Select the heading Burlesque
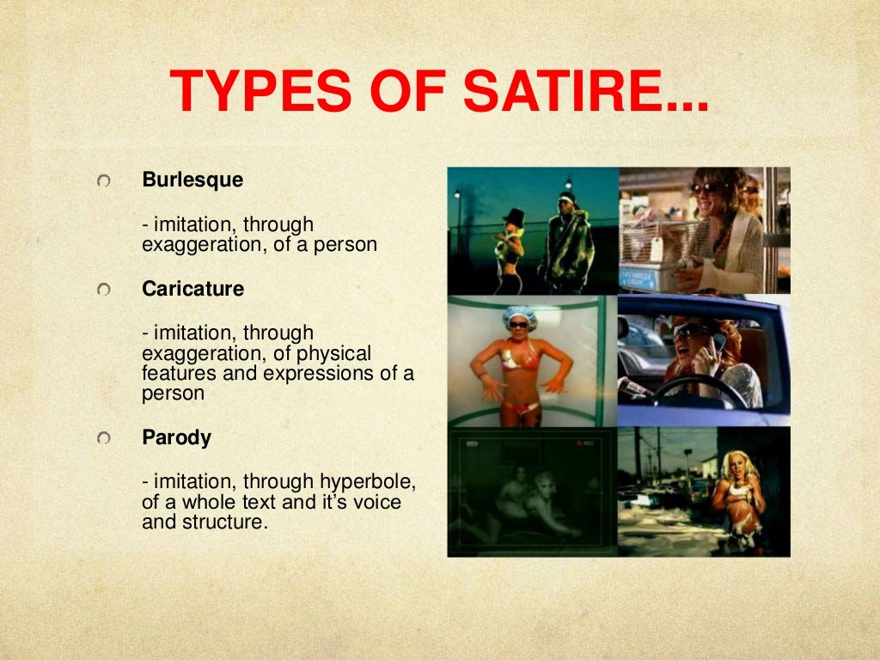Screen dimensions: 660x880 pos(192,180)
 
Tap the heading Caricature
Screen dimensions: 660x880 pos(192,289)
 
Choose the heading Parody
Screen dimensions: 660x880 pos(176,437)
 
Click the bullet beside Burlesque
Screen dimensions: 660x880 pos(104,181)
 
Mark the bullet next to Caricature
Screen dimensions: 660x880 pos(104,290)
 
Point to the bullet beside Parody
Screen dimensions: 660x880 pos(104,438)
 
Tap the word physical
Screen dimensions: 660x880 pos(338,352)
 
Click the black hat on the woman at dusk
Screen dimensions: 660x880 pos(515,215)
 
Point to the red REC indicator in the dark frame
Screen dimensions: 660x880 pos(588,443)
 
